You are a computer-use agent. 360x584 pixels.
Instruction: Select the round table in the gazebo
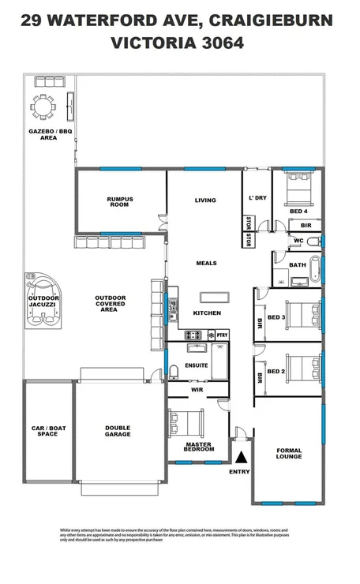[42, 106]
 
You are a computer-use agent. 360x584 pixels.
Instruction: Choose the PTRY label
[222, 335]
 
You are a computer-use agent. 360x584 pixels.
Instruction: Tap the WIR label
[198, 389]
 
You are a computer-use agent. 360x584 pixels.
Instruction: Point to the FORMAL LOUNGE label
[289, 454]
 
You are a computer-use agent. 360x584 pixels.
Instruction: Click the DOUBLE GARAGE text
[118, 431]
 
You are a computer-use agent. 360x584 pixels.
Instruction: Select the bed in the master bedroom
[187, 425]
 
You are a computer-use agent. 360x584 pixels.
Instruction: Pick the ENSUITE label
[197, 365]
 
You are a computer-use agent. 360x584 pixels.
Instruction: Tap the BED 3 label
[276, 316]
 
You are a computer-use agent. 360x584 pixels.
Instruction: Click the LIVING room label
[205, 200]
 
